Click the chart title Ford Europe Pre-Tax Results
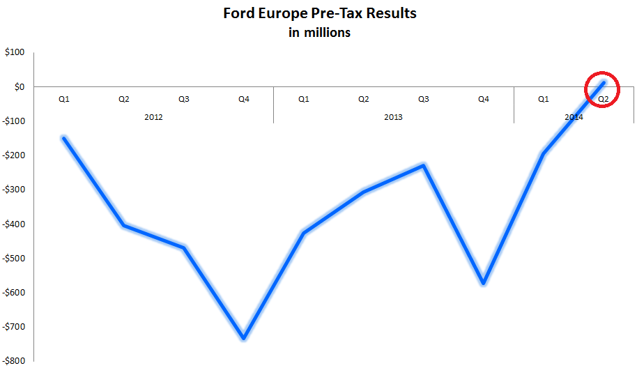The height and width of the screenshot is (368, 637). (320, 13)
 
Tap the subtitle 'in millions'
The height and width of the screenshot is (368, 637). (320, 33)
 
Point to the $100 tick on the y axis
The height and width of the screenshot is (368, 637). (14, 52)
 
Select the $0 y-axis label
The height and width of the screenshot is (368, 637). (18, 87)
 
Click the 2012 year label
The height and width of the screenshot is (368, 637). (153, 117)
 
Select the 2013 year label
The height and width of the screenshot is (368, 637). (393, 117)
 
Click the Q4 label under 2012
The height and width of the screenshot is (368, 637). (243, 100)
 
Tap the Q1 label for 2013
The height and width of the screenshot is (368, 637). (303, 100)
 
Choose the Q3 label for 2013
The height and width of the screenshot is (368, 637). (423, 100)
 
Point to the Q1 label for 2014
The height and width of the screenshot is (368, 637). (543, 100)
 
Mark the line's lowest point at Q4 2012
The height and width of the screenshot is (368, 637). (243, 338)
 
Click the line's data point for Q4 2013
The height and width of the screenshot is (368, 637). (483, 283)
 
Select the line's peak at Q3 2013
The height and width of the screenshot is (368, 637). (423, 165)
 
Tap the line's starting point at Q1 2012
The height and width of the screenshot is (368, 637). (64, 138)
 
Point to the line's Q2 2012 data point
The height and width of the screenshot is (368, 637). (124, 226)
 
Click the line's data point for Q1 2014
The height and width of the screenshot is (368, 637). (543, 153)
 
